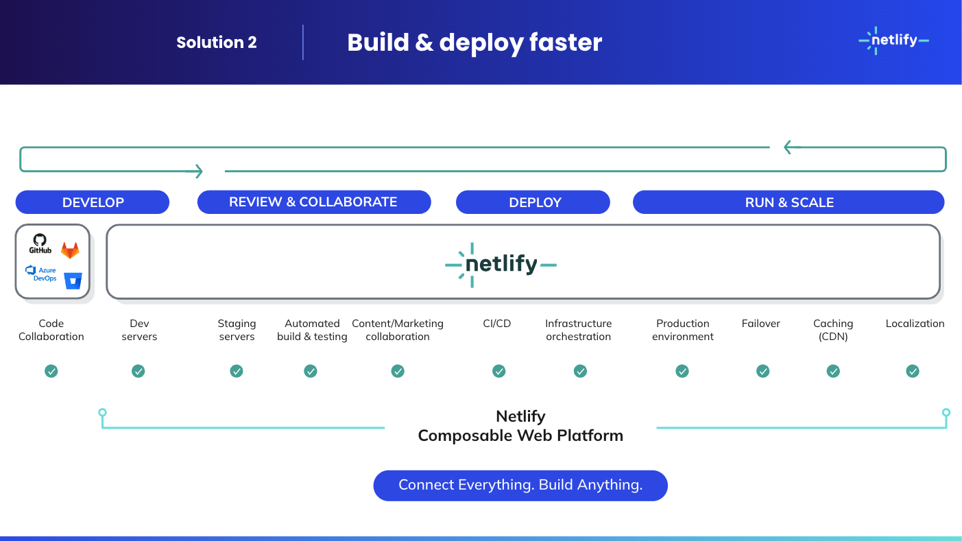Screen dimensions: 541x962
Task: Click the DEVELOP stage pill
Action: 93,202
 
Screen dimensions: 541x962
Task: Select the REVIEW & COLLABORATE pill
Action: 313,202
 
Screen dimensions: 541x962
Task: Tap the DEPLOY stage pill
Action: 533,202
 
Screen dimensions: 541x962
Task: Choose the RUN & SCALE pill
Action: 789,202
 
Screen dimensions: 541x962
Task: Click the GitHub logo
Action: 40,243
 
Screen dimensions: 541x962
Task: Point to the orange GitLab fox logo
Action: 70,250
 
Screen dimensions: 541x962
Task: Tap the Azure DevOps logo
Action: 40,274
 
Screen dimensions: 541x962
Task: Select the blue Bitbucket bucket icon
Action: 73,280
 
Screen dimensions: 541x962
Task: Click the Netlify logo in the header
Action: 893,40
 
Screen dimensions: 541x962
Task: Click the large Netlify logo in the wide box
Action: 501,264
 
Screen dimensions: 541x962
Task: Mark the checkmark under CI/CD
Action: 498,371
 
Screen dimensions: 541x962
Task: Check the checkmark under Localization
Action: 913,371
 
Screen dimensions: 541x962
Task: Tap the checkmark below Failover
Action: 762,371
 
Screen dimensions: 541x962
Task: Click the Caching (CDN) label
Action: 833,330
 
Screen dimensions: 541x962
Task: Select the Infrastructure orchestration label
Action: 578,330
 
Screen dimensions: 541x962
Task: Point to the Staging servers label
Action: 237,330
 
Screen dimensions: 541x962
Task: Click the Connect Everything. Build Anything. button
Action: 520,485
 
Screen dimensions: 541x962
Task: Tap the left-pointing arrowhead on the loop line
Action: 790,147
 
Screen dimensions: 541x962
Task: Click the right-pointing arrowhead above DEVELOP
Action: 198,171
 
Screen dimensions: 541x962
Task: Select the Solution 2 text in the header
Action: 216,43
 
